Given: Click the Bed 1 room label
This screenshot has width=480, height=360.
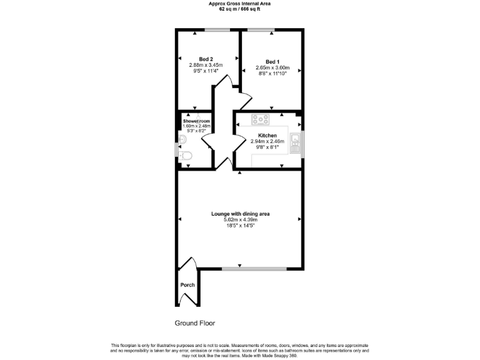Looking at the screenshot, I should pos(272,61).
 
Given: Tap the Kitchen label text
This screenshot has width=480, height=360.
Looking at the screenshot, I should pos(267,135).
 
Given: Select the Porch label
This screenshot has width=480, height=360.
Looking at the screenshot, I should pos(187,285).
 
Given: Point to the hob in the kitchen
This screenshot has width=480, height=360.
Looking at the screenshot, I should pos(260,119).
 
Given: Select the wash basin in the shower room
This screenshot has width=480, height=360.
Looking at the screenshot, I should pos(182,139).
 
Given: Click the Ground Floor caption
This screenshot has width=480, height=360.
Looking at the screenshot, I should pos(194,323).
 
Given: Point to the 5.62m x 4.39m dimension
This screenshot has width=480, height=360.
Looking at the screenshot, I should pos(240,219).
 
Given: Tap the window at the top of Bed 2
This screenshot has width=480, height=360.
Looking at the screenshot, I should pos(217,29).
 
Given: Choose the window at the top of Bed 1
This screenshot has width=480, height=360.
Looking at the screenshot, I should pos(260,29).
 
